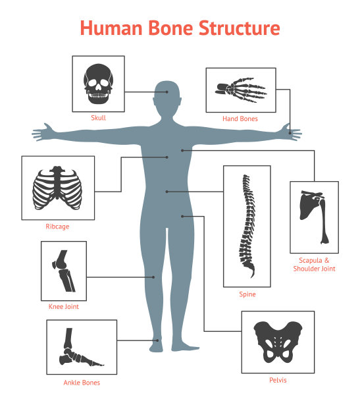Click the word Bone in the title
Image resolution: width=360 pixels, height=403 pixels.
[170, 28]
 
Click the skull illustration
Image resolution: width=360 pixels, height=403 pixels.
[98, 84]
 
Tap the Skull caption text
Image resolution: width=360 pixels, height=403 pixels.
[99, 118]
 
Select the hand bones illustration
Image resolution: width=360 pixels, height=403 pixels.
[241, 90]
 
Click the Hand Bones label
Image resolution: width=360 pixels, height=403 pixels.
[240, 119]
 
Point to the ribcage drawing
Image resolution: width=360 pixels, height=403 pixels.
[57, 188]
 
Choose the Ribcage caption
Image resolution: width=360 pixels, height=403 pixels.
[57, 227]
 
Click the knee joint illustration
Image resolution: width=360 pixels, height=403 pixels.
[63, 271]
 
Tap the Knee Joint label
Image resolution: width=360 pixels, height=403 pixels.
[64, 306]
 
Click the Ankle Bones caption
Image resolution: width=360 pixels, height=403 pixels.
[82, 383]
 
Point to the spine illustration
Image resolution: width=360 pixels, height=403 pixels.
[247, 226]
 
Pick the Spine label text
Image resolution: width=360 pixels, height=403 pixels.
[247, 294]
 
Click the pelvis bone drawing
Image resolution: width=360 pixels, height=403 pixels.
[278, 342]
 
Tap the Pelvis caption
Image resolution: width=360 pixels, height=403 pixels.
[278, 380]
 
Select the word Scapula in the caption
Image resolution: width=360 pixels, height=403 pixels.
[311, 260]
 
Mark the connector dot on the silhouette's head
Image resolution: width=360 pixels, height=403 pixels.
[167, 92]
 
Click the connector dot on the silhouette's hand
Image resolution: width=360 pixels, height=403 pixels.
[290, 133]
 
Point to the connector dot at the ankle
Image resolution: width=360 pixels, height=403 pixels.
[157, 340]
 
